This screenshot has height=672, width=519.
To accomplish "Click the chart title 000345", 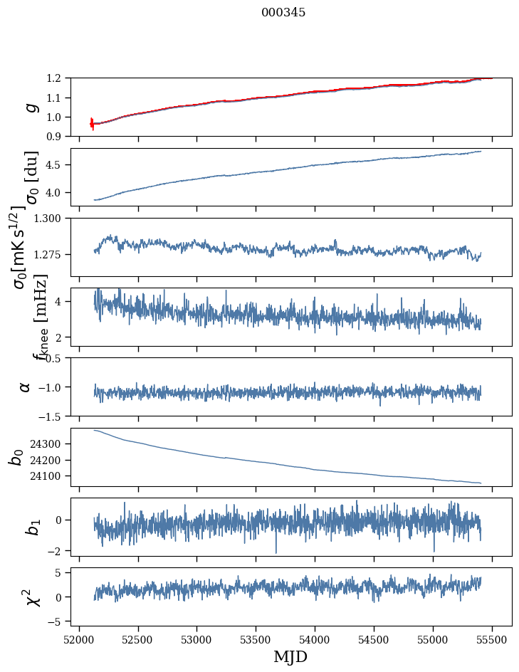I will click(283, 13).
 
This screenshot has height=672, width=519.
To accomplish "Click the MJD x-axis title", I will click(290, 656).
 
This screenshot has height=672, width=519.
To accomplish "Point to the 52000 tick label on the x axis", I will click(79, 639).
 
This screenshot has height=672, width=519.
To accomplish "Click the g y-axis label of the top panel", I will click(30, 107).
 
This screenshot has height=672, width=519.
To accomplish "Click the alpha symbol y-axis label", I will click(25, 387).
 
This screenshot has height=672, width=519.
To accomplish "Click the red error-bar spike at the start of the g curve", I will click(92, 124).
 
